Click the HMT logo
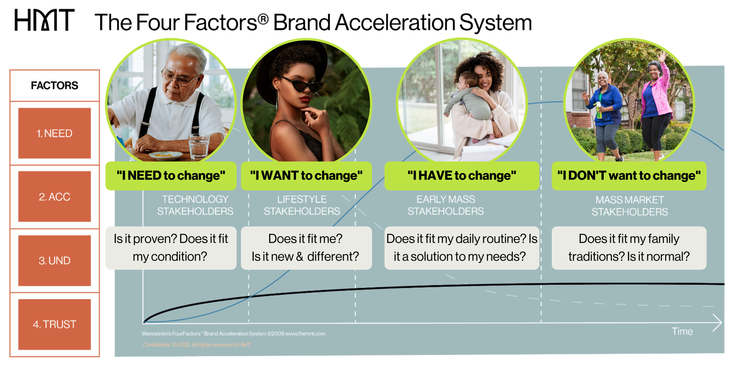[x=44, y=20]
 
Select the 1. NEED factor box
[x=54, y=133]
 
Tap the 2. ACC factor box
[x=54, y=197]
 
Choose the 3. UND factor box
[x=54, y=261]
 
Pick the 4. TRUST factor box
[x=54, y=325]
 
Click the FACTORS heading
[x=54, y=85]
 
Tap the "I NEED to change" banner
[x=171, y=175]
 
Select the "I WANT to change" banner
[x=306, y=175]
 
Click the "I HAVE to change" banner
[x=462, y=175]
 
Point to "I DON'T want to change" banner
[x=629, y=175]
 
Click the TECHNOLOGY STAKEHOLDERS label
[x=195, y=205]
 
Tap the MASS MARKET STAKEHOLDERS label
[x=630, y=206]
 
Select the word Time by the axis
[x=682, y=332]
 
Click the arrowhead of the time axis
[x=718, y=323]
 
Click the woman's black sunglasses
[x=302, y=84]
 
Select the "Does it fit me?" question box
[x=306, y=248]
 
